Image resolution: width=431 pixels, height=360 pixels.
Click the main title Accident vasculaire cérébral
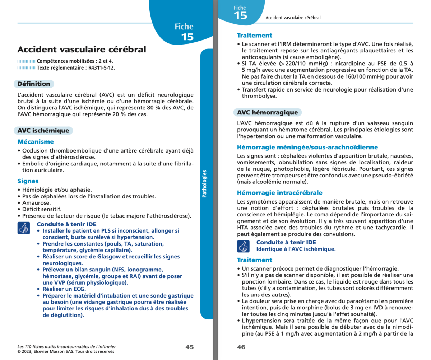[x=82, y=49]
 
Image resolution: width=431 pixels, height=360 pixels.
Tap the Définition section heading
[x=34, y=84]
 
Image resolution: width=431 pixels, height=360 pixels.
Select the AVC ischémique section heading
[x=43, y=131]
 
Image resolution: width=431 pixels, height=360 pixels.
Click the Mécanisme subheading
[x=36, y=142]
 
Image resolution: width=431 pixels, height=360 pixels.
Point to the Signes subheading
[x=28, y=181]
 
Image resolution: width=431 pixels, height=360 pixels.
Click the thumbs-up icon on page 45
[x=23, y=228]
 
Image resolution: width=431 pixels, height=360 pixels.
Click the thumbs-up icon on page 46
[x=243, y=246]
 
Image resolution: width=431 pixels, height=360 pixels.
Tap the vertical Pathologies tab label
[x=204, y=184]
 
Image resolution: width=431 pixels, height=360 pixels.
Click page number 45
[x=189, y=347]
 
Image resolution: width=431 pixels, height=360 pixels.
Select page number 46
[x=241, y=347]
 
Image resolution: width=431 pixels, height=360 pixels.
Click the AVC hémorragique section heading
[x=268, y=113]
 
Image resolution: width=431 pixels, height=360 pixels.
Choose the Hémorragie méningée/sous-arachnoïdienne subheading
[x=307, y=147]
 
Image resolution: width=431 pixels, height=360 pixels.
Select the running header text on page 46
[x=293, y=17]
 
